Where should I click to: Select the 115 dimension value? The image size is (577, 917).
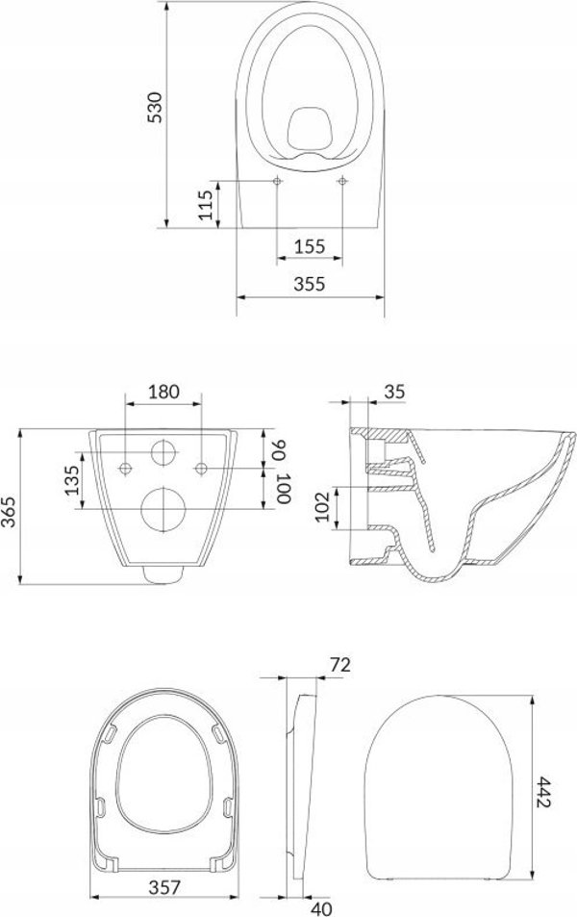click(x=205, y=205)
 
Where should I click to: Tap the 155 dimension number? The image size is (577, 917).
click(x=309, y=245)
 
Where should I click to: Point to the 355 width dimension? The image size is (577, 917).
click(x=309, y=284)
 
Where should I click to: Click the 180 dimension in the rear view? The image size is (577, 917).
click(x=164, y=391)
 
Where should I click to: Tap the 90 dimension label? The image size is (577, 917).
click(x=282, y=448)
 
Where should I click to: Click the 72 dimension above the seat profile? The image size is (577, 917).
click(x=337, y=665)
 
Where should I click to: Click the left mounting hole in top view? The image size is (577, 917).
click(x=276, y=182)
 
